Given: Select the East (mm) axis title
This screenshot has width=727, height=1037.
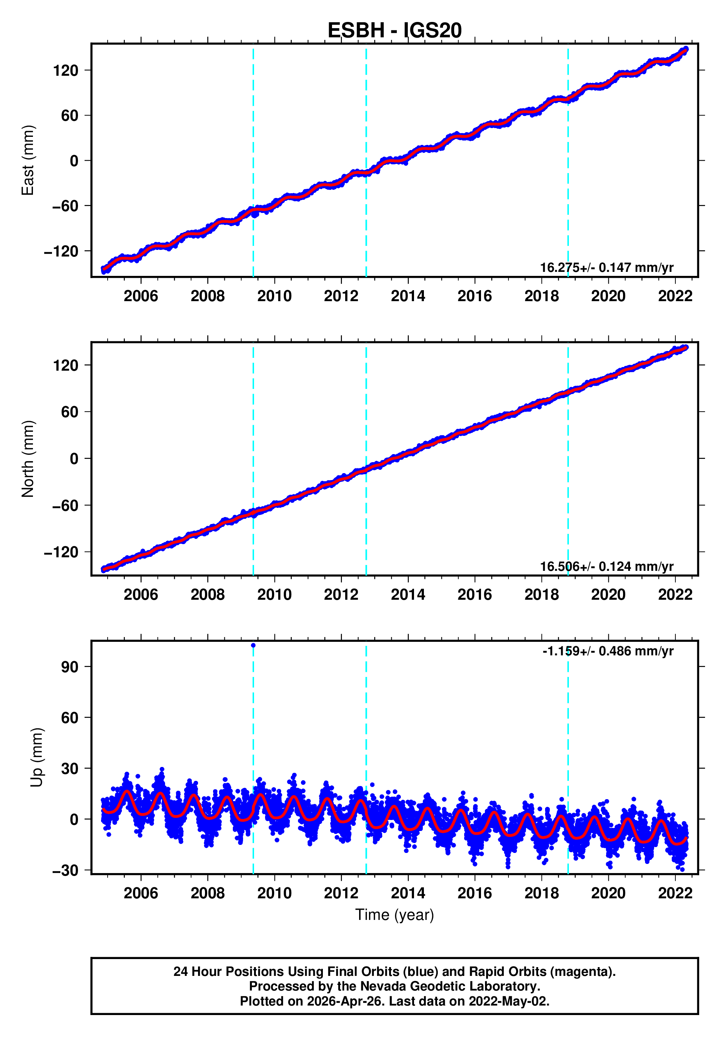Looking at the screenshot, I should tap(28, 160).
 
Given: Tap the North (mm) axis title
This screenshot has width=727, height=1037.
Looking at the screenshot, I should tap(28, 458).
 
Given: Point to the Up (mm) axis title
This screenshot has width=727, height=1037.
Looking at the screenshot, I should tap(37, 757).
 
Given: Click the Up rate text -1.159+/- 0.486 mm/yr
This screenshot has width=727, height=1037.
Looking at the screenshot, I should tap(608, 651).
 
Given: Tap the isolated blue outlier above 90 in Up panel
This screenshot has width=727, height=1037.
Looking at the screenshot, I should tap(253, 645).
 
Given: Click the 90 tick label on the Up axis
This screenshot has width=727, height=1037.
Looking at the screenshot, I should tap(70, 667).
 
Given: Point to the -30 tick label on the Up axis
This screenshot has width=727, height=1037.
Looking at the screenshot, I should tap(65, 871).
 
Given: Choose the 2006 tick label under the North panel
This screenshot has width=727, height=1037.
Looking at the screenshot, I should tap(141, 595).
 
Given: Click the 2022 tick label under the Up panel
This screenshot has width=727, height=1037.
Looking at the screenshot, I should tap(675, 893).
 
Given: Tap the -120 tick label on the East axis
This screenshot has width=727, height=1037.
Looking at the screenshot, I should tap(61, 251).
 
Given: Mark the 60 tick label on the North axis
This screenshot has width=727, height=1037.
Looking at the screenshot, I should tap(70, 412).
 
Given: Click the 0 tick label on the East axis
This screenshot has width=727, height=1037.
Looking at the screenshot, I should tap(74, 161).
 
